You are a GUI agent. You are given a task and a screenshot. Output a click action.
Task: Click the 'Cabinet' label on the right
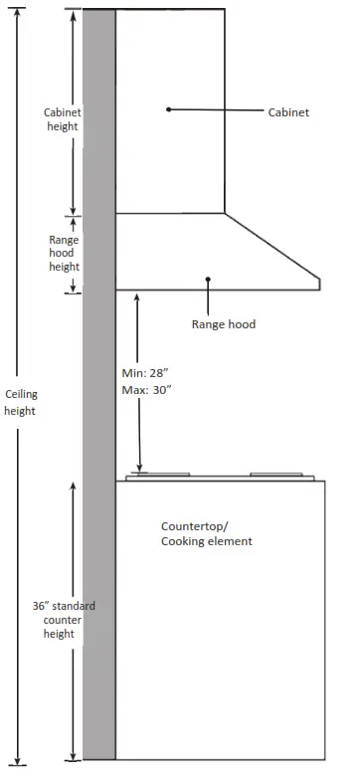(x=288, y=112)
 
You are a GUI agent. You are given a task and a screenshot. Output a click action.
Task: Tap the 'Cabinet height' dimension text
(x=62, y=119)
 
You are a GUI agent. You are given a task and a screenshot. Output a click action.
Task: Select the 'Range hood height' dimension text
(x=64, y=254)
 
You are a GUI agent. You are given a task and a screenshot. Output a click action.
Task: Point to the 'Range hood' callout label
(x=223, y=324)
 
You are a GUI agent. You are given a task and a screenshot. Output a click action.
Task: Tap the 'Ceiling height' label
(x=21, y=402)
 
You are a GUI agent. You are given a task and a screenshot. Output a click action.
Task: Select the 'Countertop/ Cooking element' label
(x=206, y=533)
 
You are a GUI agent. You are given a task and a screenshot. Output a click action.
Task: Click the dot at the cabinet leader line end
(x=168, y=108)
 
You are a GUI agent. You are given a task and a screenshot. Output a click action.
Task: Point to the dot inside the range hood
(x=208, y=280)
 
